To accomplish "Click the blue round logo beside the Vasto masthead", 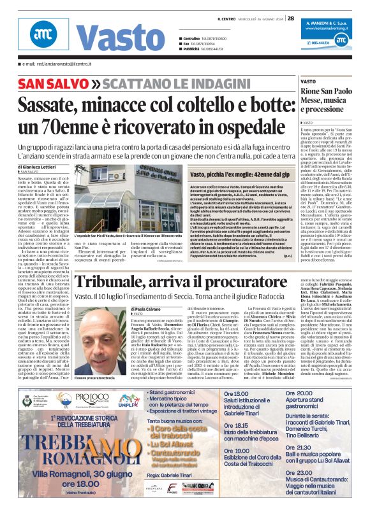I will coord(43,36).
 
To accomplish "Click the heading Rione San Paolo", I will coord(344,91).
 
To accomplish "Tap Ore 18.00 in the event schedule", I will coord(235,395).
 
